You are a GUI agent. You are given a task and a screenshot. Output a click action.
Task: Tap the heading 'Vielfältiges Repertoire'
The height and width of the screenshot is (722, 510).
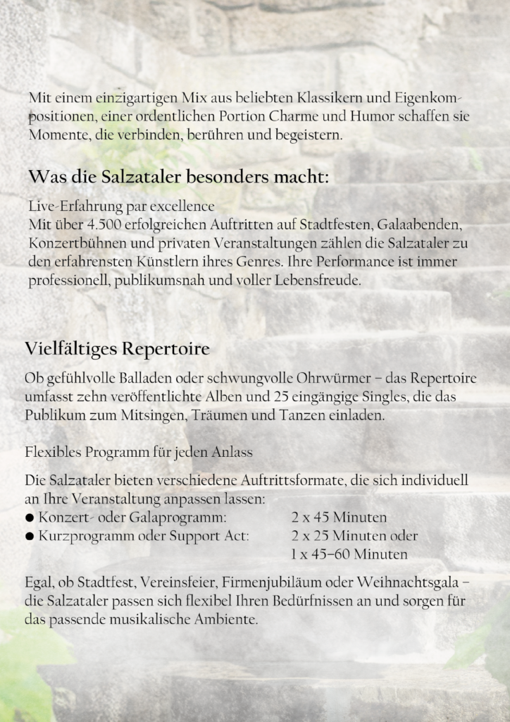(117, 349)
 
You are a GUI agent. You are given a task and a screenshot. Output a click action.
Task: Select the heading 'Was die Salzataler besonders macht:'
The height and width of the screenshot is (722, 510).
(178, 176)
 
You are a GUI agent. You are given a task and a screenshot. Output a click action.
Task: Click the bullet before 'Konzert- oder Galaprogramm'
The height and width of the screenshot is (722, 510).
(30, 518)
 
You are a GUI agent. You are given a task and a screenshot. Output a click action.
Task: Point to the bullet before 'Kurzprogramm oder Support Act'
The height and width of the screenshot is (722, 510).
(30, 537)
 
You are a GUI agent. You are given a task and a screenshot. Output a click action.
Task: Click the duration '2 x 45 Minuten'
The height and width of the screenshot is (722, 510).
(339, 518)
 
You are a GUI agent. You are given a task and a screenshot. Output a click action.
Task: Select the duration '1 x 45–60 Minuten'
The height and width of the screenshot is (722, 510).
(349, 554)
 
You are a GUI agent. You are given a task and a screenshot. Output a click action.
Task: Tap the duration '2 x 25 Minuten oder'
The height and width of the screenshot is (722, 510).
(354, 536)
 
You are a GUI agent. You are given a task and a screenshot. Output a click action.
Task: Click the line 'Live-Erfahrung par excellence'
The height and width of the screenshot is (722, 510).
(121, 207)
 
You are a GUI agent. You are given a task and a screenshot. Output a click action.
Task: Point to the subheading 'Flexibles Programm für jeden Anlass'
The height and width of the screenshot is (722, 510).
(139, 451)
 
